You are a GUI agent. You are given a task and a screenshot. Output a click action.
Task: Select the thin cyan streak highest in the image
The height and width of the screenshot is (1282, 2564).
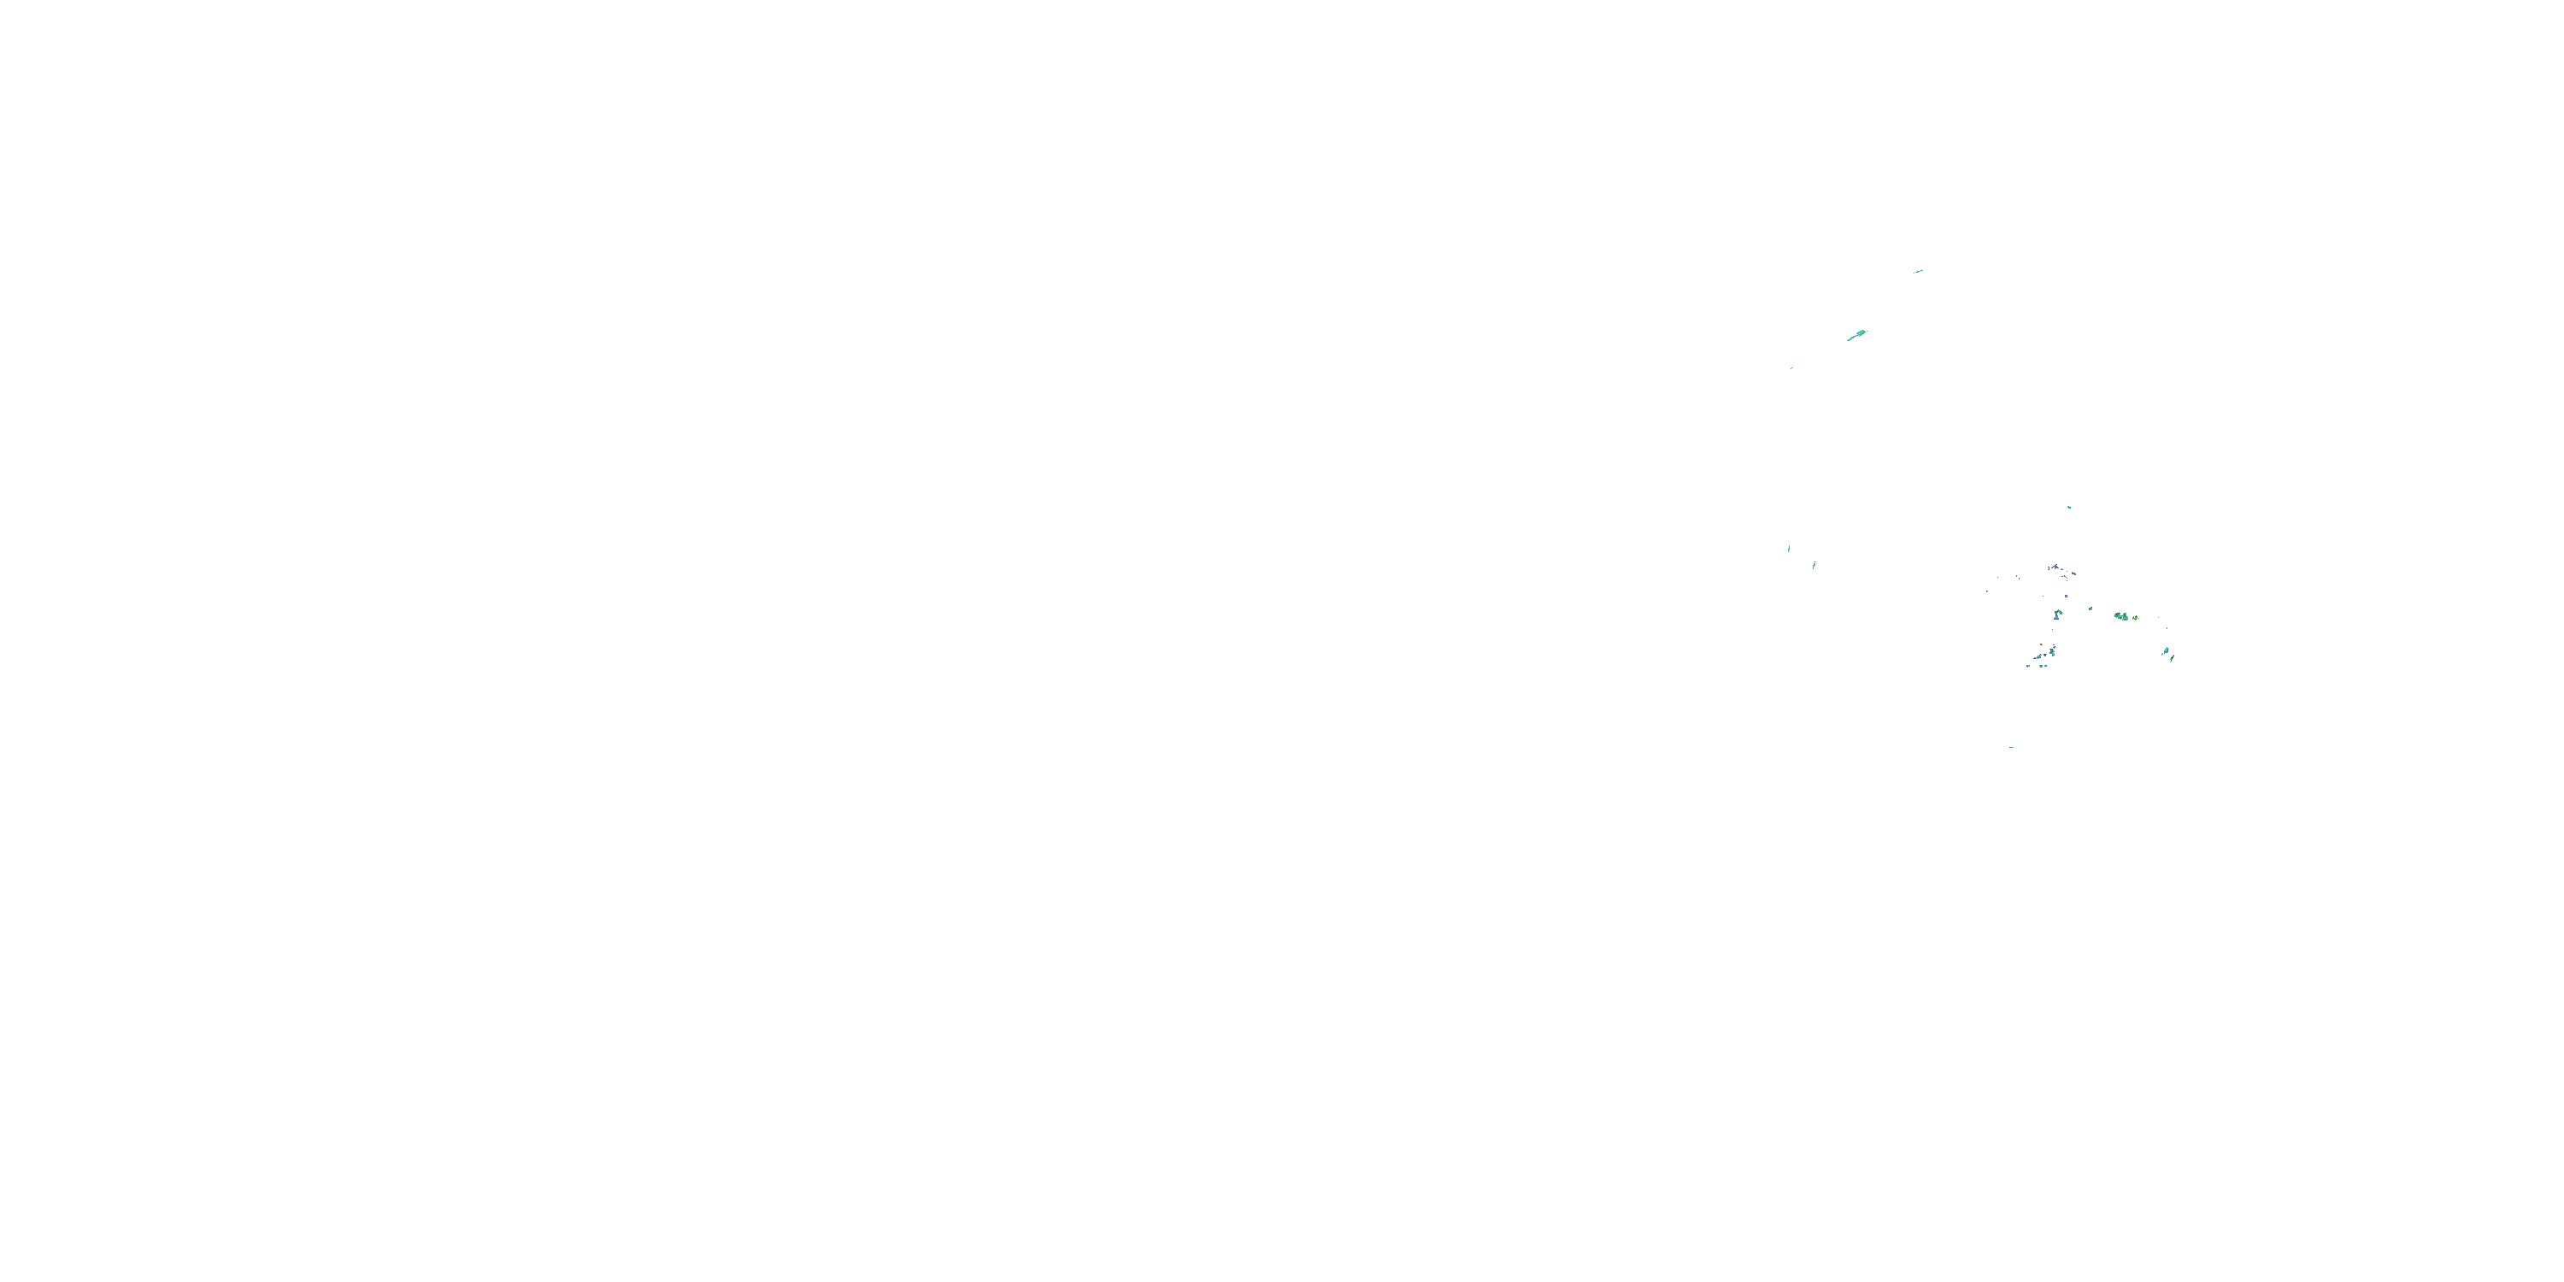click(1919, 272)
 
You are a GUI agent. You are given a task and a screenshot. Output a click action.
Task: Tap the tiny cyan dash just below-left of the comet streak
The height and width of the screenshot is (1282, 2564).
click(1792, 368)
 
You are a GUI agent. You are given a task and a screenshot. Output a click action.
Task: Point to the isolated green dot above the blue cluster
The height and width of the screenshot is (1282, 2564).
click(2069, 507)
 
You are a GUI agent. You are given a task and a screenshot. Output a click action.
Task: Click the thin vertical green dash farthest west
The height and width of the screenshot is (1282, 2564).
click(1789, 549)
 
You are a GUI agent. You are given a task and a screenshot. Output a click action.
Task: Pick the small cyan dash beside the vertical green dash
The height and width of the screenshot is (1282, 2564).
click(1814, 565)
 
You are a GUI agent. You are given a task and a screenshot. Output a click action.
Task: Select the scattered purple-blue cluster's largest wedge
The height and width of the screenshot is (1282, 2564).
click(2056, 567)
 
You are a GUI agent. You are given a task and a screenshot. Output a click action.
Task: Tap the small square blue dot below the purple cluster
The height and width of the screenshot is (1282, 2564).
click(2067, 597)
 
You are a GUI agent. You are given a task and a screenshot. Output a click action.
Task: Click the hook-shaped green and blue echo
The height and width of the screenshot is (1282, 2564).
click(2058, 615)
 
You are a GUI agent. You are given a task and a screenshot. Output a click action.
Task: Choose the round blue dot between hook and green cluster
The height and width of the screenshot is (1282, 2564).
click(2091, 609)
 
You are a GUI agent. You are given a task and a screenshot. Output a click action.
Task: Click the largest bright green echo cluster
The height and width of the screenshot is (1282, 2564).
click(2121, 617)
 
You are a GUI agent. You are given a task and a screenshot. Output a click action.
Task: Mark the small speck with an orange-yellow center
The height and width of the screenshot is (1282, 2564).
click(2136, 618)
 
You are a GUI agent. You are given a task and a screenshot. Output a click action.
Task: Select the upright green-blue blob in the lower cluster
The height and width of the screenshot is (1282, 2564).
click(2052, 652)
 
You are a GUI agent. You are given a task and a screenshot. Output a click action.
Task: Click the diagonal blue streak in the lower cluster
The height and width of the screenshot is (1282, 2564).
click(2039, 657)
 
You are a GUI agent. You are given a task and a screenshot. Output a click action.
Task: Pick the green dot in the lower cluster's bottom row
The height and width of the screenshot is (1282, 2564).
click(2042, 666)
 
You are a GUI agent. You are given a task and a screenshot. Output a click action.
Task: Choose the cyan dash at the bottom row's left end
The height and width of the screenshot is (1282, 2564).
click(2028, 666)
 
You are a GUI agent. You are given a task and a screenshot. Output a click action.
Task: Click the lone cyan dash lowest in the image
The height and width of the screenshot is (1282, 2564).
click(2012, 746)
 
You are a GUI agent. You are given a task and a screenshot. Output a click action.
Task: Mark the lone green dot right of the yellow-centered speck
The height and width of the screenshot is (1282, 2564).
click(2159, 618)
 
